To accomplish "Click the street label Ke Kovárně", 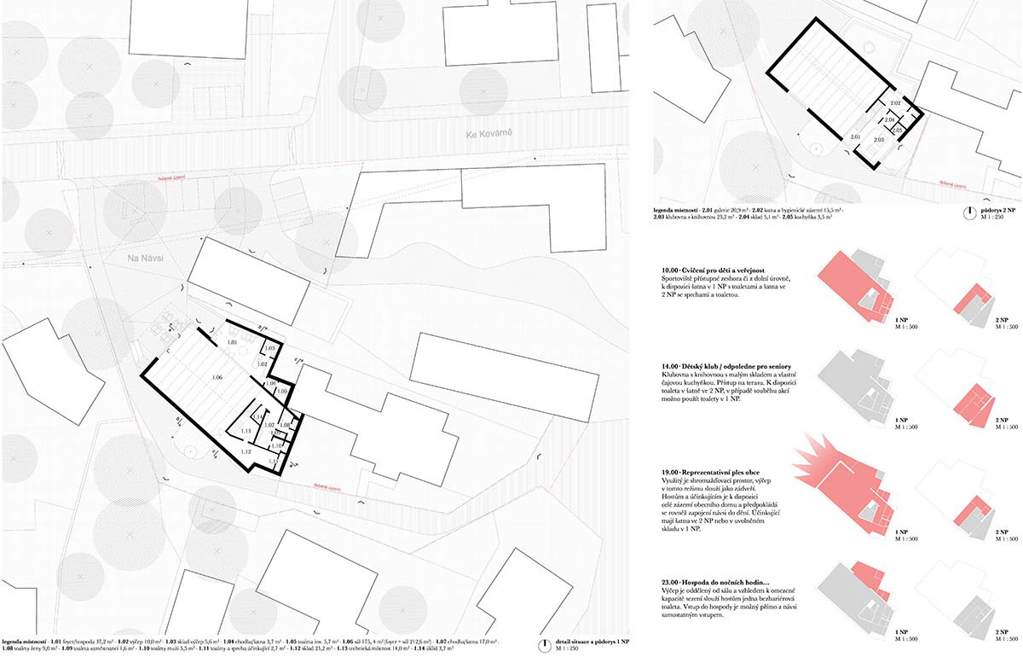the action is (488, 134).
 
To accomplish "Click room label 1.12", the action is (246, 451).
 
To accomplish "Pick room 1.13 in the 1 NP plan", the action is (245, 432).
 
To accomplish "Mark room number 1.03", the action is (269, 348).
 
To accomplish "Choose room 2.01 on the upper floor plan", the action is (855, 137).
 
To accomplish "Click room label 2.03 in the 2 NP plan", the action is (878, 138).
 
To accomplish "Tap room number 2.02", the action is (895, 103).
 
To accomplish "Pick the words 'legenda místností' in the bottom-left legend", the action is (24, 640).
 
